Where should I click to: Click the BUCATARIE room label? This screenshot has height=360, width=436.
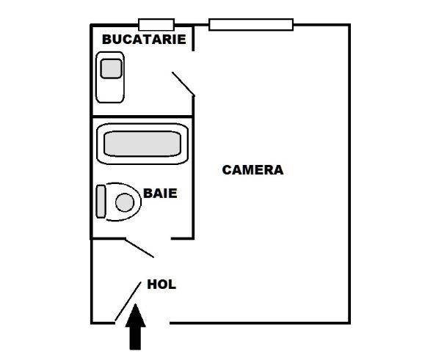pos(144,40)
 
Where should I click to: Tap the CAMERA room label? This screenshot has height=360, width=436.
pos(252,170)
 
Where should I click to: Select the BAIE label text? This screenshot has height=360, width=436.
pos(160,194)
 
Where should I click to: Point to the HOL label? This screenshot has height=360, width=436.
pos(161,284)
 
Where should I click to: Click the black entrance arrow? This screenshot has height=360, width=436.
pos(135,327)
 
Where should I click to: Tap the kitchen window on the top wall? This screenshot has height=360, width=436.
pos(156,25)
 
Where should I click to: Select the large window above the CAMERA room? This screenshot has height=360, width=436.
pos(251,25)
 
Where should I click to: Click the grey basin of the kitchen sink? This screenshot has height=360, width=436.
pos(112,69)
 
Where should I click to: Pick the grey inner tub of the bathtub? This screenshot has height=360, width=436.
pos(142,144)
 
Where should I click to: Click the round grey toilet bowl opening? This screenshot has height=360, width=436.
pos(125,202)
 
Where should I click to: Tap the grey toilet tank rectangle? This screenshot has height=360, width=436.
pos(101,202)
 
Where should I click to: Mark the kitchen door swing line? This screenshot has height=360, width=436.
pos(184,84)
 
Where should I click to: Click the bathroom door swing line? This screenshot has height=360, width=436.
pos(139,248)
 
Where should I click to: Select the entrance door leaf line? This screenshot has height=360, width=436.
pos(128,301)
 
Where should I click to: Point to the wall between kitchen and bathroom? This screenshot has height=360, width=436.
pos(142,117)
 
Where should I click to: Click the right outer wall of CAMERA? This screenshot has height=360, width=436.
pos(349,175)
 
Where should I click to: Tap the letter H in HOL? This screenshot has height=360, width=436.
pos(152,284)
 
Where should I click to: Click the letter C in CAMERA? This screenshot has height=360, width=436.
pos(227,170)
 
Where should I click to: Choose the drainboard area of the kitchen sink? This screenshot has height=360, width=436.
pos(110,91)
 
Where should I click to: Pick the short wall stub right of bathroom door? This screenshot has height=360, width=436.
pos(182,238)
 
